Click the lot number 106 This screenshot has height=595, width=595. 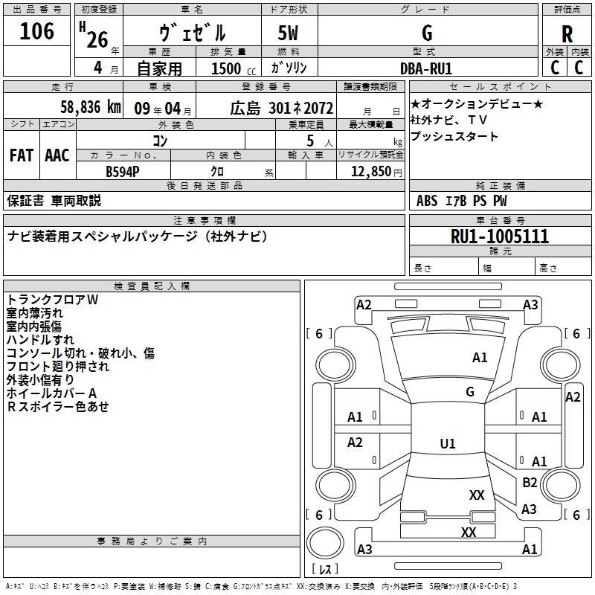(37, 31)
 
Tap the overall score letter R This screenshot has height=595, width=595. (567, 34)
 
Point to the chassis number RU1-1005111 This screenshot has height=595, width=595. (500, 237)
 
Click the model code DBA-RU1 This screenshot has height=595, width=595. (426, 68)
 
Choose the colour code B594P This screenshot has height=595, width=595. (123, 171)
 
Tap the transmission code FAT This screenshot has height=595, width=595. (22, 155)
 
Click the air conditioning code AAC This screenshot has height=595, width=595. (57, 155)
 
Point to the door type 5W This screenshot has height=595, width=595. (289, 34)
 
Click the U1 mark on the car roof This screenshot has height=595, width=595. (447, 444)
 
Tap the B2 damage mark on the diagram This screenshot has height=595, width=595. (530, 483)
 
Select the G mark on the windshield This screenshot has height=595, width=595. (469, 392)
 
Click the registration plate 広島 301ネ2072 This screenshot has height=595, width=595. (271, 108)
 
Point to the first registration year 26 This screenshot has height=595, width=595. (97, 38)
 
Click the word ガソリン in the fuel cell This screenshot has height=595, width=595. (289, 68)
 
